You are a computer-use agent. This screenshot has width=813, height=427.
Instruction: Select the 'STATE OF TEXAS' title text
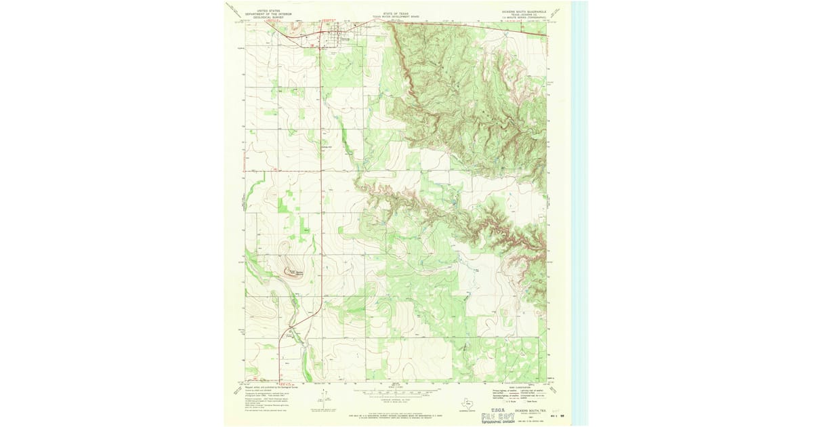coord(396,13)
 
